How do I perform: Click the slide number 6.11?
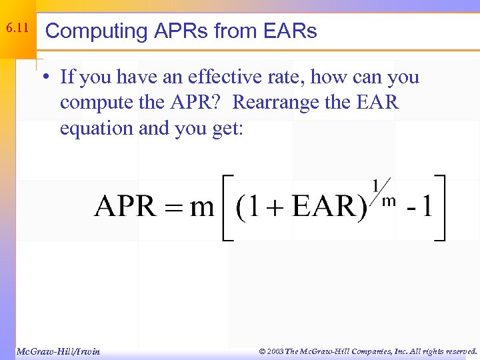click(17, 29)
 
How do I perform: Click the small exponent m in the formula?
click(389, 200)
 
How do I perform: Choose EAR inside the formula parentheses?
click(324, 207)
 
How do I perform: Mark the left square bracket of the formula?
click(227, 207)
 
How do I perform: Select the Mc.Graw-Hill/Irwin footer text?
click(58, 351)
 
